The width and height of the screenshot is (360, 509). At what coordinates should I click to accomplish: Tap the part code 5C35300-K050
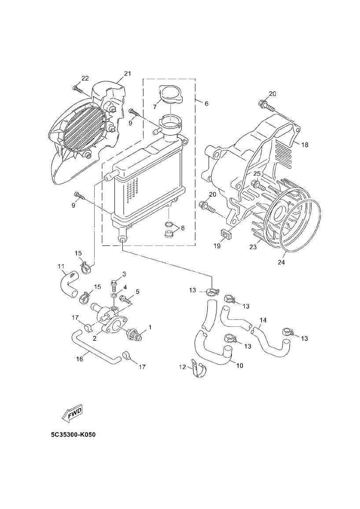pos(73,435)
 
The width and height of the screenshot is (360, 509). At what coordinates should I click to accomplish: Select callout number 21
pos(128,73)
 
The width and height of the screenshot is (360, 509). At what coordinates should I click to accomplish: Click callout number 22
pos(84,78)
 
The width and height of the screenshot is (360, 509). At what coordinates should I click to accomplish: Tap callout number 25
pos(257,174)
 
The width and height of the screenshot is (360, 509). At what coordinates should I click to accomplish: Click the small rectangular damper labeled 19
pos(225,234)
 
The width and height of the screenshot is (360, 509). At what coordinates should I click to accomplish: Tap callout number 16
pos(80,359)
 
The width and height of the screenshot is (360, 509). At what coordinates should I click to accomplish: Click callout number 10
pos(239,365)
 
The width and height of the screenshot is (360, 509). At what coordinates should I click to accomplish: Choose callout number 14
pos(263,320)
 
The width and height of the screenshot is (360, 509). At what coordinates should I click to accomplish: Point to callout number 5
pos(137,291)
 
